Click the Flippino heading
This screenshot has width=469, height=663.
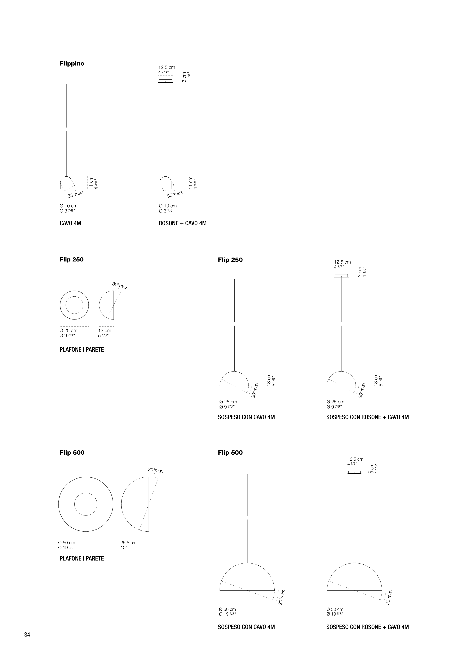72,63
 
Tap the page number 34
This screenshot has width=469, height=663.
27,634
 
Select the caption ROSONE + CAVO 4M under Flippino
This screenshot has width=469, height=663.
183,223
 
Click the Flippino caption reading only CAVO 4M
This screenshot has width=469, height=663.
70,223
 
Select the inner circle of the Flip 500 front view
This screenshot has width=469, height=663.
86,504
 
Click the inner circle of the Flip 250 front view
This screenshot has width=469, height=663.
74,305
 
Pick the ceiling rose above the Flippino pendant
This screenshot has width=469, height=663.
165,81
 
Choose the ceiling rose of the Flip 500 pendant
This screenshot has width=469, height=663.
355,472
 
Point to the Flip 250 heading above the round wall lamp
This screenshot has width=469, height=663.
72,260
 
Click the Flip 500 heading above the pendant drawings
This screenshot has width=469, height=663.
230,453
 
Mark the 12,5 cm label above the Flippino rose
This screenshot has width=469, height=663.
167,67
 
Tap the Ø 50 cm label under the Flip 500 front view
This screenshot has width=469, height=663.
67,543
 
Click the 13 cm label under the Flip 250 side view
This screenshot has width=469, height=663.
105,330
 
